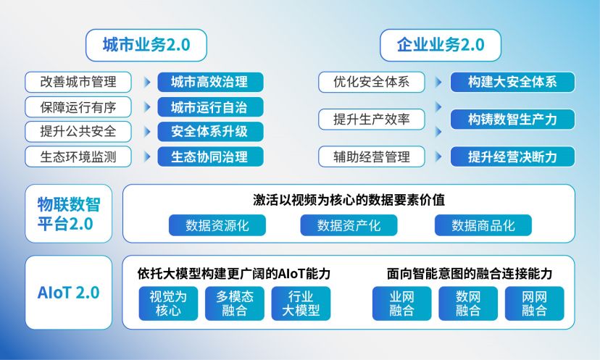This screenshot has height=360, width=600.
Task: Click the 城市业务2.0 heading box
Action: (146, 45)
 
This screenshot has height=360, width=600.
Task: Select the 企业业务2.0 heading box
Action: (441, 45)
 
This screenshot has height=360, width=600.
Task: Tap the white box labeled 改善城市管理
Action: (78, 82)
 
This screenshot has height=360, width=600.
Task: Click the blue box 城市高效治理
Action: (210, 82)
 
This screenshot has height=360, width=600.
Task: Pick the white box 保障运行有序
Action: (78, 106)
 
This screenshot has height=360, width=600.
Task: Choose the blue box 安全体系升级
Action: (210, 132)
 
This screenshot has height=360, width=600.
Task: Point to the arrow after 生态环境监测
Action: (147, 156)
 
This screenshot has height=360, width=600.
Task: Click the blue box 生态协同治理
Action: (210, 156)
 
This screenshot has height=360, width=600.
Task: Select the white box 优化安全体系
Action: (372, 82)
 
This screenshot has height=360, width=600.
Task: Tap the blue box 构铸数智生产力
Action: (512, 120)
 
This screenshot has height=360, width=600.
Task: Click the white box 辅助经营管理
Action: (372, 156)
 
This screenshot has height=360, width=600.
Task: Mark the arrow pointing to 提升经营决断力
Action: (438, 156)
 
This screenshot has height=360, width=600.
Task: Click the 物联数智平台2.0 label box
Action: (69, 214)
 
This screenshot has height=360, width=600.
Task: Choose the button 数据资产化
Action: (349, 225)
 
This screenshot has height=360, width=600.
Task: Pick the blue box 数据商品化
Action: (483, 225)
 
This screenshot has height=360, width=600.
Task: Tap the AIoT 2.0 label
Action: (69, 293)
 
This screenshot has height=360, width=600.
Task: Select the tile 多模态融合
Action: (235, 304)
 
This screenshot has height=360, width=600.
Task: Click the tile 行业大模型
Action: (301, 304)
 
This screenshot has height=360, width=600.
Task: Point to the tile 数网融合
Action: (468, 304)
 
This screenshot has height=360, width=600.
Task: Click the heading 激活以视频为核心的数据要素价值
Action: (349, 200)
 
